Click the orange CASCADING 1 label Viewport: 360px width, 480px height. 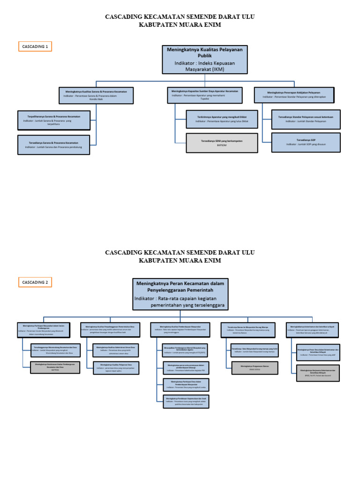[35, 46]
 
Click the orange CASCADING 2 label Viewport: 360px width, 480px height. [35, 282]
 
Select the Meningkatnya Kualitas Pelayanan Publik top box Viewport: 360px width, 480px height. [205, 60]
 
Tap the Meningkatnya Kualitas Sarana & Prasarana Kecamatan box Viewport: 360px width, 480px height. [96, 95]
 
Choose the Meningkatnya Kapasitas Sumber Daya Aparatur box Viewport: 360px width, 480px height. [205, 95]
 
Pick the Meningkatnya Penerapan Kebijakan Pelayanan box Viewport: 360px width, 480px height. [294, 95]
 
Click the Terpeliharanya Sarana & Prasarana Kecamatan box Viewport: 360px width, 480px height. [53, 120]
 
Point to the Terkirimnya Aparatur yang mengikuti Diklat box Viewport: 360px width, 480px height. [222, 119]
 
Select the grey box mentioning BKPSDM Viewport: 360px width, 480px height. [222, 143]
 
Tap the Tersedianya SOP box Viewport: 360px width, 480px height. [306, 142]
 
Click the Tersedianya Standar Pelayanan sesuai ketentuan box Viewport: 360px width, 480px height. [306, 119]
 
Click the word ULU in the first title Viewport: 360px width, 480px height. [247, 17]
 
